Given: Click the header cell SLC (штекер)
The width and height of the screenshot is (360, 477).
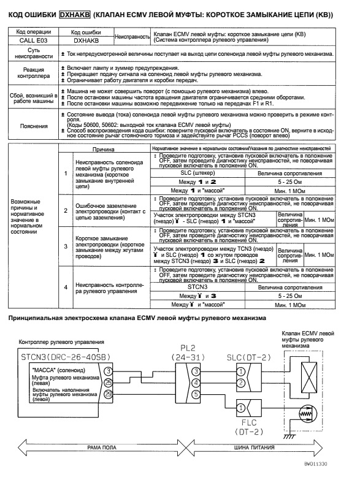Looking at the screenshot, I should point(196,173).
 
